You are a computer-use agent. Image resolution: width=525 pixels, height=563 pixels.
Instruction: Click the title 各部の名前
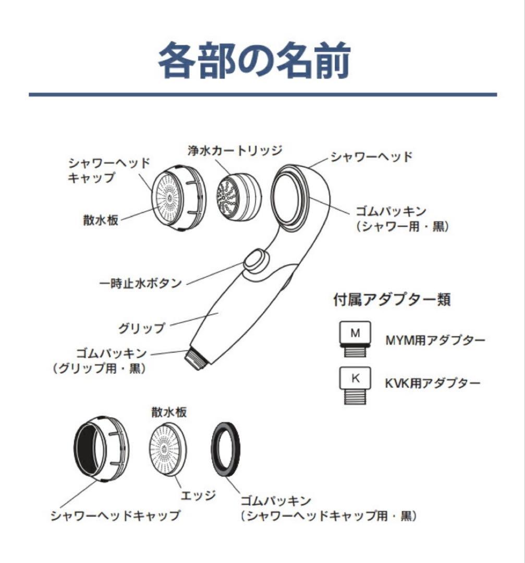pos(254,60)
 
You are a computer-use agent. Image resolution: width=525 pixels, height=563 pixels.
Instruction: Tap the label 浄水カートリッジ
pos(235,151)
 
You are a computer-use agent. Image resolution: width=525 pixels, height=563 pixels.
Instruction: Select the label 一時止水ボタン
pos(140,284)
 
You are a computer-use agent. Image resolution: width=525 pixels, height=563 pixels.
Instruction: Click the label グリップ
pos(141,328)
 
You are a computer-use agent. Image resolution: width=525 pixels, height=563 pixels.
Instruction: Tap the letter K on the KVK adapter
pos(355,378)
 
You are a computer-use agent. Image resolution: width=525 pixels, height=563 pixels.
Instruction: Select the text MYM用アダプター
pos(435,341)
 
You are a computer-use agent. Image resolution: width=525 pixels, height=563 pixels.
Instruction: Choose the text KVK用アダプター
pos(433,383)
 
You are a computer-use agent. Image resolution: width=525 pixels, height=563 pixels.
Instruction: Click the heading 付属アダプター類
pos(392,300)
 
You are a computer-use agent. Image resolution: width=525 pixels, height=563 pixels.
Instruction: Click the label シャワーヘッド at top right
pos(371,157)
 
